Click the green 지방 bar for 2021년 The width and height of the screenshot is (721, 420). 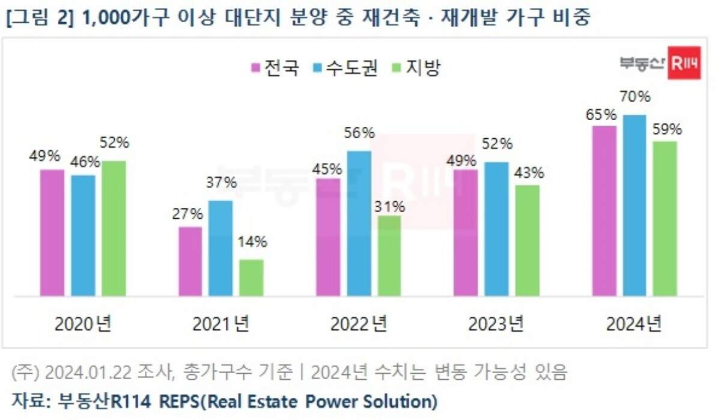point(251,278)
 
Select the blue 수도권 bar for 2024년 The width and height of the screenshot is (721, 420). point(634,205)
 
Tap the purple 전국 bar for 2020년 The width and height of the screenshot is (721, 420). point(52,233)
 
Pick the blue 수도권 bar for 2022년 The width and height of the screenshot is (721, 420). point(359,224)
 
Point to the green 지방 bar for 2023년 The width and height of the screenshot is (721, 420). point(527,240)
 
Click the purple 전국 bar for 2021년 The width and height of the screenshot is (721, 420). point(190,261)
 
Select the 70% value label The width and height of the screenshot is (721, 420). point(636,96)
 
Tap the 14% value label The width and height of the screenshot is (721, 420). point(252,243)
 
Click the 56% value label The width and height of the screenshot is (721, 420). point(360,133)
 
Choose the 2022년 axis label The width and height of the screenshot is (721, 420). point(359,324)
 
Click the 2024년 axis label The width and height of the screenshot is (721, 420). point(634,324)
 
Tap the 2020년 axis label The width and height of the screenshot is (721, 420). point(83,324)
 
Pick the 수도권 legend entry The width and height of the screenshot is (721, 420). point(345,68)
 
